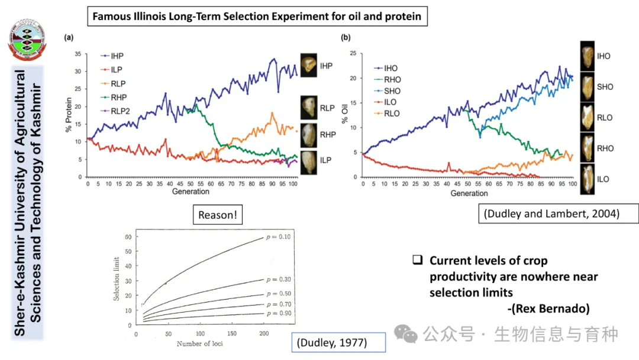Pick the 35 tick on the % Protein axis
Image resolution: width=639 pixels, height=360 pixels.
click(78, 54)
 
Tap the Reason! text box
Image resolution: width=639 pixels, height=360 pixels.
click(217, 215)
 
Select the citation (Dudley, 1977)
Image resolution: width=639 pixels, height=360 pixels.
click(338, 342)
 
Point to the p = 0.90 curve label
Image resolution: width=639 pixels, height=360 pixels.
click(280, 313)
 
